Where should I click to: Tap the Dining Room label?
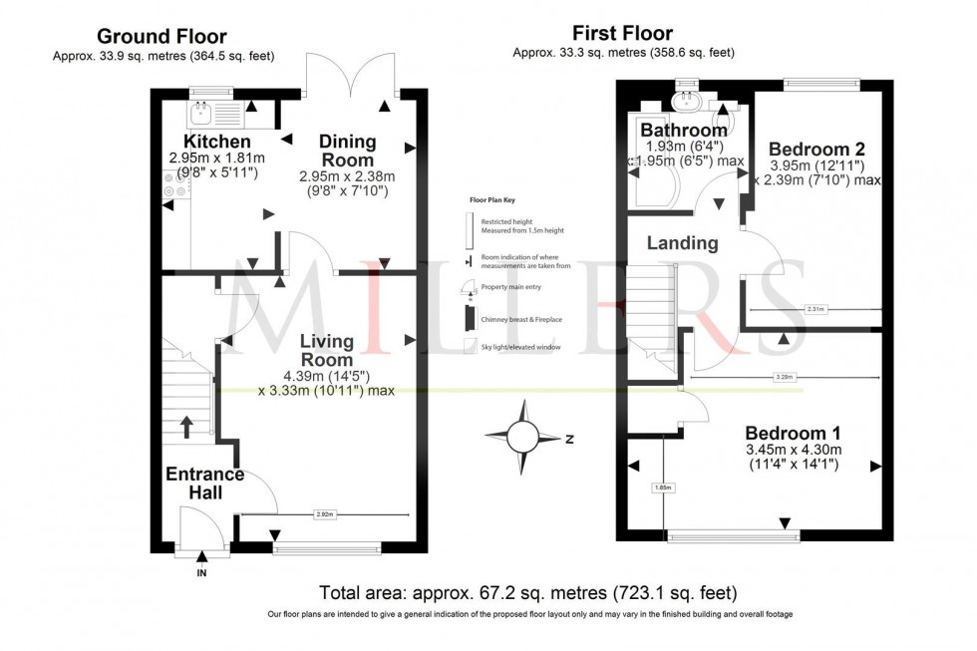pyautogui.click(x=347, y=151)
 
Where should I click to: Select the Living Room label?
pyautogui.click(x=326, y=350)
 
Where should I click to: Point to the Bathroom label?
pyautogui.click(x=683, y=131)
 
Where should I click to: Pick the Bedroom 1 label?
pyautogui.click(x=794, y=433)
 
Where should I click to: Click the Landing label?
pyautogui.click(x=682, y=242)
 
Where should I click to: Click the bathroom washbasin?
pyautogui.click(x=688, y=101)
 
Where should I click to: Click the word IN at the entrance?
pyautogui.click(x=201, y=573)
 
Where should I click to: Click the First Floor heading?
pyautogui.click(x=622, y=33)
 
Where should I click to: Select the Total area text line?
pyautogui.click(x=527, y=592)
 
